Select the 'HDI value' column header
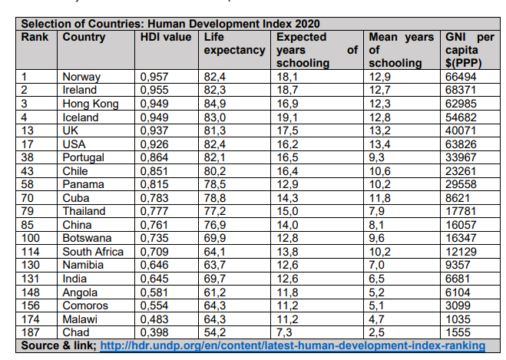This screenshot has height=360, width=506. [165, 36]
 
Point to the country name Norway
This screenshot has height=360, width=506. [81, 77]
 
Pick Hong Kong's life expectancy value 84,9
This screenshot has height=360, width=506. [217, 104]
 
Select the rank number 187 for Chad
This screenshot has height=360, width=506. [31, 332]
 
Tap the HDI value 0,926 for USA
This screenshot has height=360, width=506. [155, 144]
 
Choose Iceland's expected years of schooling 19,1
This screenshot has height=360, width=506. [288, 117]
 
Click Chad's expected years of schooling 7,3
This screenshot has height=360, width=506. [285, 332]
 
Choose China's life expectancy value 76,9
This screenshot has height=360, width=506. [217, 224]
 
